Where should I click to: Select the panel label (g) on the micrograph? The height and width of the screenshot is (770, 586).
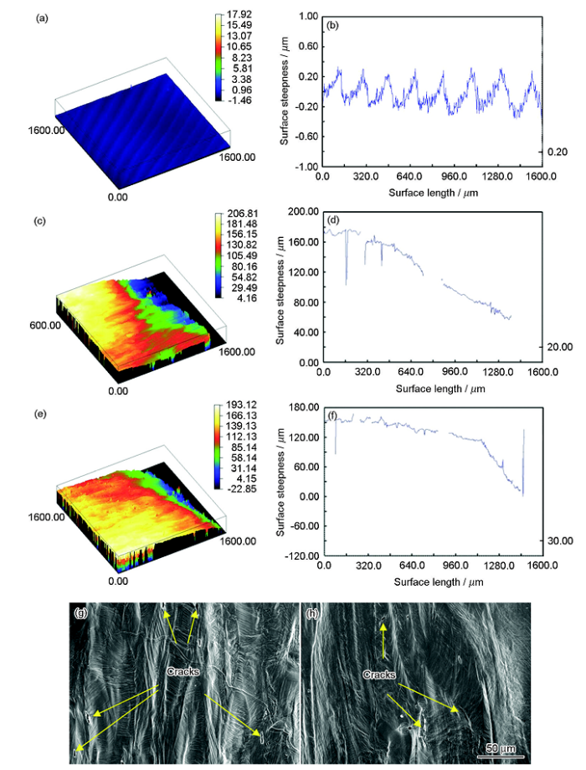pos(80,612)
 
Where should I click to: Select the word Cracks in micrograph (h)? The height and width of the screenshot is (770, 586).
pos(380,674)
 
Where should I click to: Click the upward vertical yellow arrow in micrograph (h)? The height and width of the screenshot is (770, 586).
pos(383,638)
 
